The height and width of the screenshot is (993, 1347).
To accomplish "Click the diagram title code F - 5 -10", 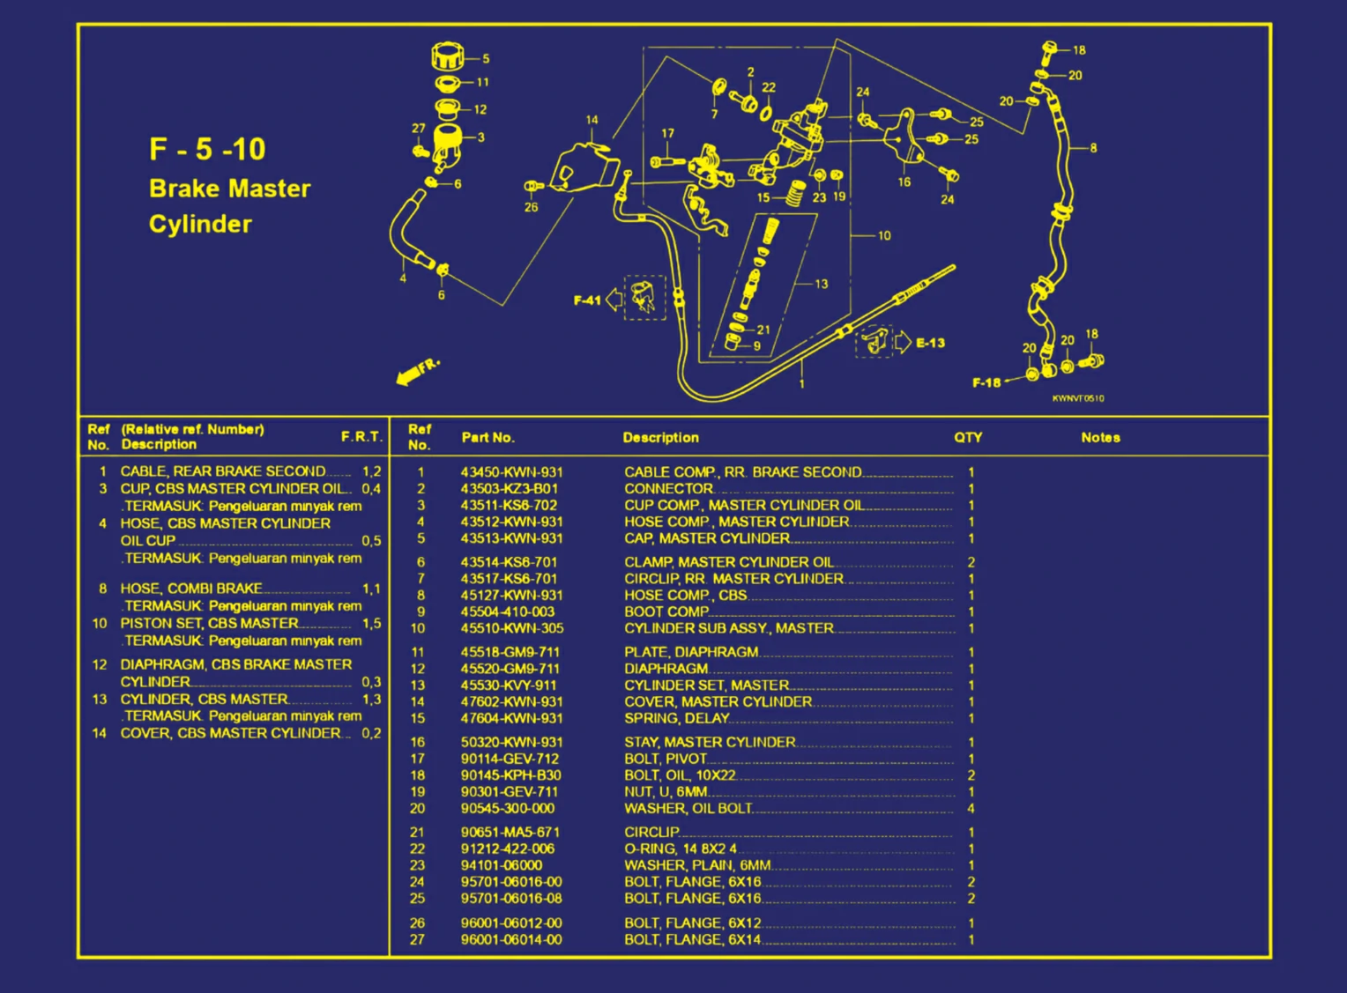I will (207, 149).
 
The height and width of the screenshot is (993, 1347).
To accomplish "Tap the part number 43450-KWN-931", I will (511, 472).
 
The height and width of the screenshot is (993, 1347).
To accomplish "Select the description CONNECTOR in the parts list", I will (668, 489).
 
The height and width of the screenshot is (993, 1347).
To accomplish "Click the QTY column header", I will (967, 438).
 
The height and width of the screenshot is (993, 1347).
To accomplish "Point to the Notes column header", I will (1100, 438).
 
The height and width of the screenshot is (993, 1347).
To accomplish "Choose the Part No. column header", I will (487, 438).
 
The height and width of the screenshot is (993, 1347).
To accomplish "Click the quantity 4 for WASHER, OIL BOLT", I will (971, 809).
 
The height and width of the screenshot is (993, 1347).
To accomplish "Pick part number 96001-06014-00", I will (511, 940).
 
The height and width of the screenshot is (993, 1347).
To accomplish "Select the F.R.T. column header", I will (361, 437).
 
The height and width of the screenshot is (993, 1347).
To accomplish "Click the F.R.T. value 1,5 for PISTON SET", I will (371, 624).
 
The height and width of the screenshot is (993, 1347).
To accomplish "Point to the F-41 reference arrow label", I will (587, 300).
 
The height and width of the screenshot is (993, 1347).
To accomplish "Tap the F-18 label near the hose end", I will (986, 382).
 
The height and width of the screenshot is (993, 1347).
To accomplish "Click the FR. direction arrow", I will (416, 372).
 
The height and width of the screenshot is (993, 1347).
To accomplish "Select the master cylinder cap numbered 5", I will (448, 58).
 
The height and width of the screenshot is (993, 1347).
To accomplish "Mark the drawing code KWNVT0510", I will (1077, 398).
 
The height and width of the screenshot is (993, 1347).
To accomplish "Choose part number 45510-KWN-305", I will (511, 629).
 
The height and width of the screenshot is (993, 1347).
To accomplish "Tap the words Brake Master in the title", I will (230, 189).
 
